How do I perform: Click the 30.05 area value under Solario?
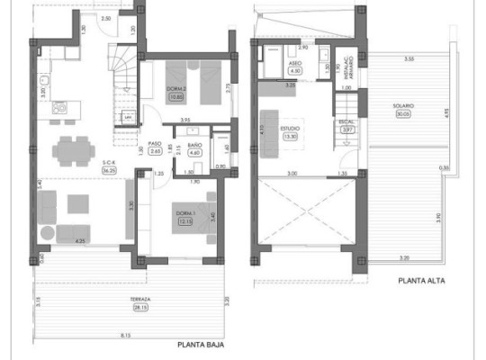pos(401,114)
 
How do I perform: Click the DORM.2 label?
pos(177,88)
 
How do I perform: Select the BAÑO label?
pos(195,146)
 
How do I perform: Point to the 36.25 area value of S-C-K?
pos(85,169)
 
